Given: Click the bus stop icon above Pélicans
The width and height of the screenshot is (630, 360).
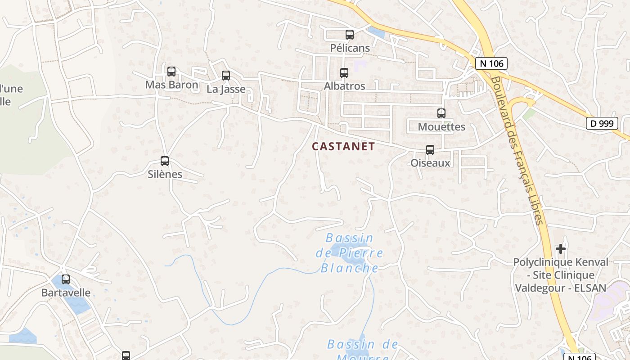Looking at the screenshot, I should [350, 34].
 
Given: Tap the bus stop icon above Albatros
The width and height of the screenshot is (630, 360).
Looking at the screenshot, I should [344, 72].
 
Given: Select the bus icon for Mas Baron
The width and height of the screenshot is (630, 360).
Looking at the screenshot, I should [171, 72].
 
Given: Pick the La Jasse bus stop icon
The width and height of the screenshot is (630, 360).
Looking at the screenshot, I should [226, 76].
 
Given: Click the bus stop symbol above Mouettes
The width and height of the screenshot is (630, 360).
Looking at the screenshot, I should [441, 113].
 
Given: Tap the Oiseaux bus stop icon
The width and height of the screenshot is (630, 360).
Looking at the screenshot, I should [430, 150].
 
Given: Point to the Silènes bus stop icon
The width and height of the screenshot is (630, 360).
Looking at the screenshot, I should [165, 161].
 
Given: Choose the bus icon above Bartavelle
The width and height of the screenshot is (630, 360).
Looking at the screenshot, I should [66, 279].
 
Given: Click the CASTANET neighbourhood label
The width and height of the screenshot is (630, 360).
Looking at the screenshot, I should [343, 146].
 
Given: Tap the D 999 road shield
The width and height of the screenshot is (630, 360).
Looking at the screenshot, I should [602, 123].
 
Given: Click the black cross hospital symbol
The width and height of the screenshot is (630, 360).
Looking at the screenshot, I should [560, 248].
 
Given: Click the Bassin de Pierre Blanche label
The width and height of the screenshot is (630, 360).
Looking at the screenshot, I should [350, 253].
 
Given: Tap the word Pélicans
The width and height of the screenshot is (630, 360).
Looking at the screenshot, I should [350, 48].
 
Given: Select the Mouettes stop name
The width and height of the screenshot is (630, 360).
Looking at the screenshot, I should [441, 126].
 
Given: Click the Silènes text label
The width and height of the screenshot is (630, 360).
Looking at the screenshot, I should [165, 174].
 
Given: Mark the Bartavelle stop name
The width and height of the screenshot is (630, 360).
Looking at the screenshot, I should [66, 292].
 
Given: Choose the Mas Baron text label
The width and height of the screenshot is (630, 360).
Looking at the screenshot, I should [171, 85].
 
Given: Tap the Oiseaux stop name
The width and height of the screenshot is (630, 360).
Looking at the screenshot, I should [430, 163].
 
